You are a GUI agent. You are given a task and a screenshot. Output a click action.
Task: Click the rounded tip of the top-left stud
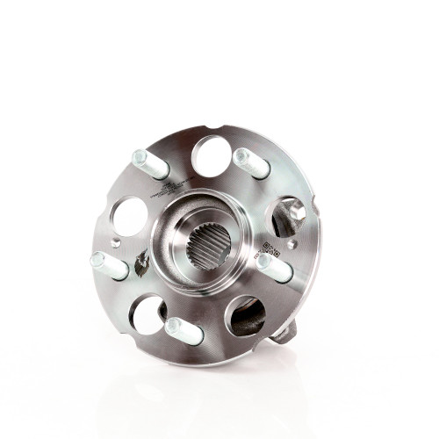pos(139,158)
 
